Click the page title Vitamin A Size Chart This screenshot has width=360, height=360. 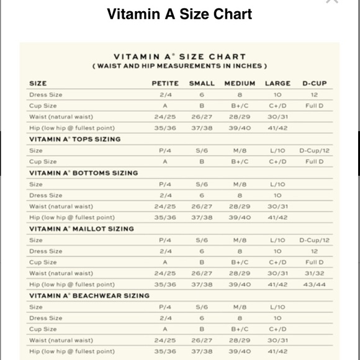[179, 14]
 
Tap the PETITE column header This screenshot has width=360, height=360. [165, 83]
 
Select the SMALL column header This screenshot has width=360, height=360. [202, 83]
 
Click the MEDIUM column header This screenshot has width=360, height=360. [240, 83]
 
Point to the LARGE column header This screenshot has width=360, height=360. [277, 83]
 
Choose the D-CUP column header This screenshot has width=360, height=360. [314, 83]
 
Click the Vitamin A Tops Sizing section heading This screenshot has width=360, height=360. [75, 139]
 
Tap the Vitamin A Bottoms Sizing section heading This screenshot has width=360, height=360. [84, 173]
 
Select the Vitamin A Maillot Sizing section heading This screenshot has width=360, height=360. [81, 228]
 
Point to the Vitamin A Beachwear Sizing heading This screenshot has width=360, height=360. [89, 295]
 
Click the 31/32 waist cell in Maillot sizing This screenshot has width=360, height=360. [314, 273]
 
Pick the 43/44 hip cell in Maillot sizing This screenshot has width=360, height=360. [314, 284]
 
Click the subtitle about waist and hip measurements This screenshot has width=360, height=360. [179, 65]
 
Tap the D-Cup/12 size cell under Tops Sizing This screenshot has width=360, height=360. [314, 150]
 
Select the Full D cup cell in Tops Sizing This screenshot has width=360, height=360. [314, 161]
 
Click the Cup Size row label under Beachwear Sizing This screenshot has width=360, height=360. [43, 329]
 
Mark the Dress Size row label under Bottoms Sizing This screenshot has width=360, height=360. [46, 195]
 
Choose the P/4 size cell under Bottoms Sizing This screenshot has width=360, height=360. [165, 184]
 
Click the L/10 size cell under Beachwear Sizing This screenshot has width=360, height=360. [277, 307]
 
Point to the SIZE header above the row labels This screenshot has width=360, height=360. [38, 83]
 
